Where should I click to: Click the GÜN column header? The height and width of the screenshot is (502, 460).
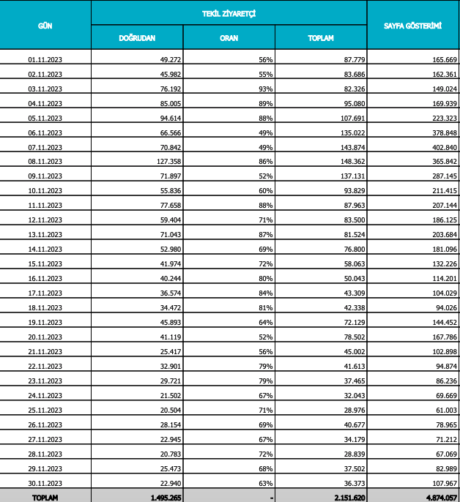(x=45, y=25)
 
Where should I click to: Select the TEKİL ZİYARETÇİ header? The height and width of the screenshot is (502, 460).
(x=229, y=13)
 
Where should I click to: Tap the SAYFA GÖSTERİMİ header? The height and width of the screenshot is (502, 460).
(x=412, y=25)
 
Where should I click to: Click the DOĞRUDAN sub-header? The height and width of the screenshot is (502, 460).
(x=137, y=37)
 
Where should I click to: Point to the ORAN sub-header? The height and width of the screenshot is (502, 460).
(x=229, y=37)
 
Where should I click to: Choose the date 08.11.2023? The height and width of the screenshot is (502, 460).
(x=45, y=160)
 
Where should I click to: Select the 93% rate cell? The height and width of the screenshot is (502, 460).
(x=265, y=88)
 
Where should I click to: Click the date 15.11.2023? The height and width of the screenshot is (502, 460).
(x=45, y=263)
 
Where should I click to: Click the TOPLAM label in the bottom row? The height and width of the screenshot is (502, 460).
(x=45, y=498)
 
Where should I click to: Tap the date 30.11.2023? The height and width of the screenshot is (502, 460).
(x=45, y=482)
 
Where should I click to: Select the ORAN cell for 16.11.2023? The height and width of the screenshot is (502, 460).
(x=265, y=277)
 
